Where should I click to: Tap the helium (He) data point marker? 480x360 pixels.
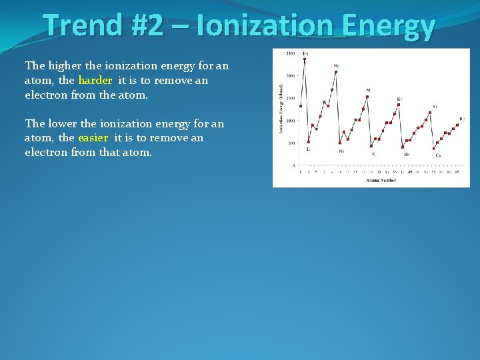305,59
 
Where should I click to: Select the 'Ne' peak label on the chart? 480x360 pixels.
336,65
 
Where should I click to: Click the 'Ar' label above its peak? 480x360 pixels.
368,90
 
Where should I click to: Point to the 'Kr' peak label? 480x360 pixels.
399,99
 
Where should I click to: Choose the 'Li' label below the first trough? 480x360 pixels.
308,149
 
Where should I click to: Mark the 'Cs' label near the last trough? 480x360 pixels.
438,155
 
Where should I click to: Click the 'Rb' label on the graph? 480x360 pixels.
407,154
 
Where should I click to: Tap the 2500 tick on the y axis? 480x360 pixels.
291,53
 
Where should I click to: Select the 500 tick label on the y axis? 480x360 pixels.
292,143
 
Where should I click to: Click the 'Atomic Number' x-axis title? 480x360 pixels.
381,180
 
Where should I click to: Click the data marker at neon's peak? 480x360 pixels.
336,72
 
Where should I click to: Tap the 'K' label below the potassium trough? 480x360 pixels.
373,154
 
